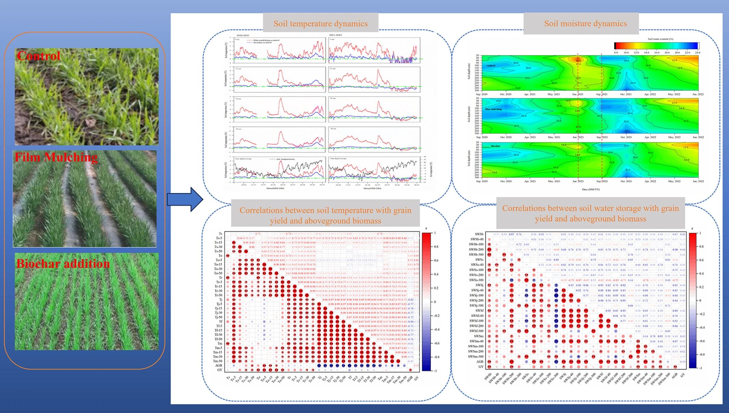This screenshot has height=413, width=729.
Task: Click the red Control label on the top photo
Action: (x=38, y=56)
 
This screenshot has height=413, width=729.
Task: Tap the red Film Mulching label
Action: (x=56, y=157)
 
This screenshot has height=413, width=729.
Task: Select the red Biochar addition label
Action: (x=63, y=263)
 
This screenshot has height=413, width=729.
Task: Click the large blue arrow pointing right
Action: (x=185, y=199)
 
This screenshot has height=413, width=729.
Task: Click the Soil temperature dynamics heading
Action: (x=320, y=24)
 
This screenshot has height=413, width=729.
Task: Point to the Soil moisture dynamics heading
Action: (x=585, y=24)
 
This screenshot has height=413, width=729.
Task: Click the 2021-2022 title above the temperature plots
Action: (x=335, y=35)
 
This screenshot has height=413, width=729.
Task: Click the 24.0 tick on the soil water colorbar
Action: (x=697, y=53)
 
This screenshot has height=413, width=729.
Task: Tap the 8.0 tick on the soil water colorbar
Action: (x=616, y=53)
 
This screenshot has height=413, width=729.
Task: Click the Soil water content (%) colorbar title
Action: (x=660, y=39)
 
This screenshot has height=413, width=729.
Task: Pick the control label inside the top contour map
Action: (x=491, y=65)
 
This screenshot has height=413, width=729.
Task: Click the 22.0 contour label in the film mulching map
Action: (x=627, y=131)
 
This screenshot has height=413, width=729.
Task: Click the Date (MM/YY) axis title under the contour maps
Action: (x=591, y=189)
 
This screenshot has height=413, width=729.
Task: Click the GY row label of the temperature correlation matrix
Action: (x=220, y=370)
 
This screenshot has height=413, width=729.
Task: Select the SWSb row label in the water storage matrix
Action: (x=479, y=234)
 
